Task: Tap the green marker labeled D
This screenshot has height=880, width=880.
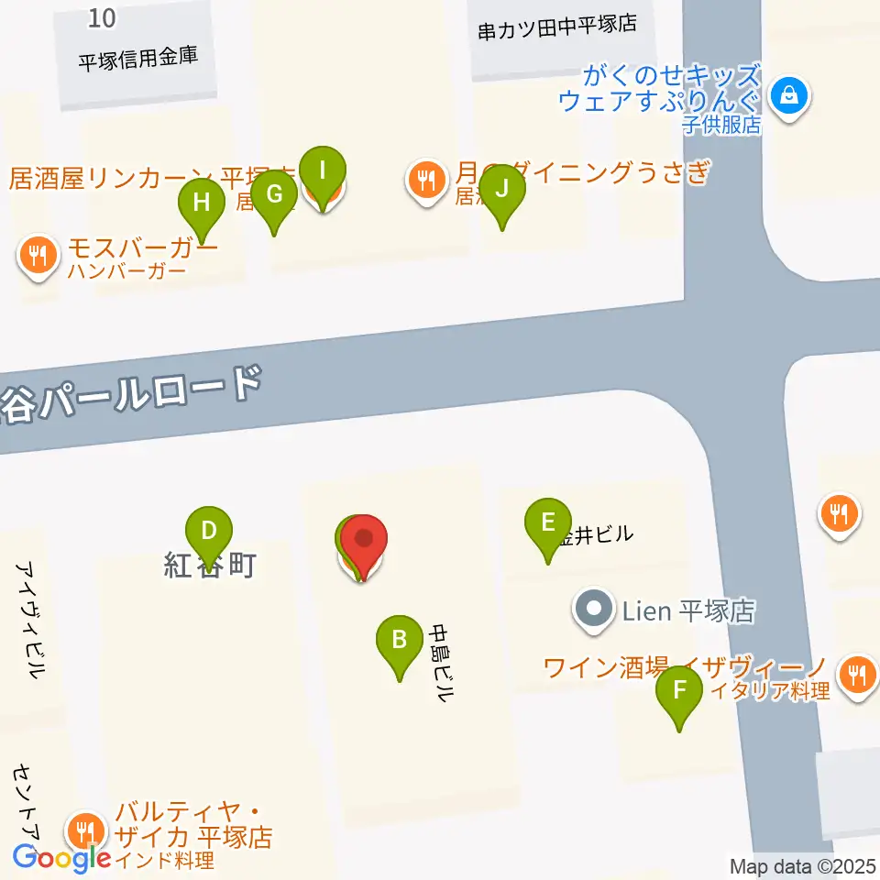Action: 209,532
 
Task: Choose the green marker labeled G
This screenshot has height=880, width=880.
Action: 275,195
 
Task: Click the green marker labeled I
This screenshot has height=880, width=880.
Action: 322,171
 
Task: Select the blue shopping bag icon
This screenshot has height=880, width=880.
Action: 787,94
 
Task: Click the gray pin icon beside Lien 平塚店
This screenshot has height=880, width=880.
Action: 594,609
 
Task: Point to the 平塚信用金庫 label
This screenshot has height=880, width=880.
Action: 137,60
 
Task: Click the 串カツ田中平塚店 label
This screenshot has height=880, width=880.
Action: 556,27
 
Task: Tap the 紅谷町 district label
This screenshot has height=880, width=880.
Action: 209,566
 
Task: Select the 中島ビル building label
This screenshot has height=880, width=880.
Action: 443,662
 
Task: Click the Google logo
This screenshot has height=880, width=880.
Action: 61,858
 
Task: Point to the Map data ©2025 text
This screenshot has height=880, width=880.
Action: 801,866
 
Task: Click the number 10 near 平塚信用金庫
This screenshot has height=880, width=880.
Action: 104,16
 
